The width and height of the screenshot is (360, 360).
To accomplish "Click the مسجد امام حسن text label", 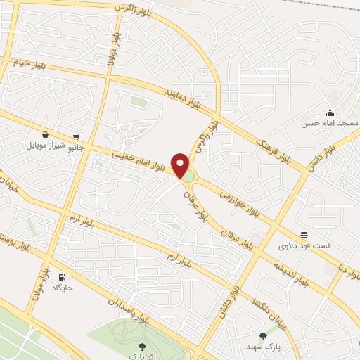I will click(330, 123).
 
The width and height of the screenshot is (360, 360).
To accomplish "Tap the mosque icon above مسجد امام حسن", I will click(330, 113).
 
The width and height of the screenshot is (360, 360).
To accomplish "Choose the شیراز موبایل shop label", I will click(46, 146).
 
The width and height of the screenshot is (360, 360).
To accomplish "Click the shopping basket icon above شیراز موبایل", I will click(46, 135).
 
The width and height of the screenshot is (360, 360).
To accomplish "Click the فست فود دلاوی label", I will click(303, 246).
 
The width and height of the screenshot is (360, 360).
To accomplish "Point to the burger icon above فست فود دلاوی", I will click(304, 235).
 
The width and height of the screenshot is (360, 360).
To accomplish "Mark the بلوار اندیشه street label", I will click(289, 272).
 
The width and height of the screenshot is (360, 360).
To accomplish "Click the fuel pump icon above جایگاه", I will click(63, 277).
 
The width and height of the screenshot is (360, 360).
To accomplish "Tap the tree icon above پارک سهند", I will click(264, 336).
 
